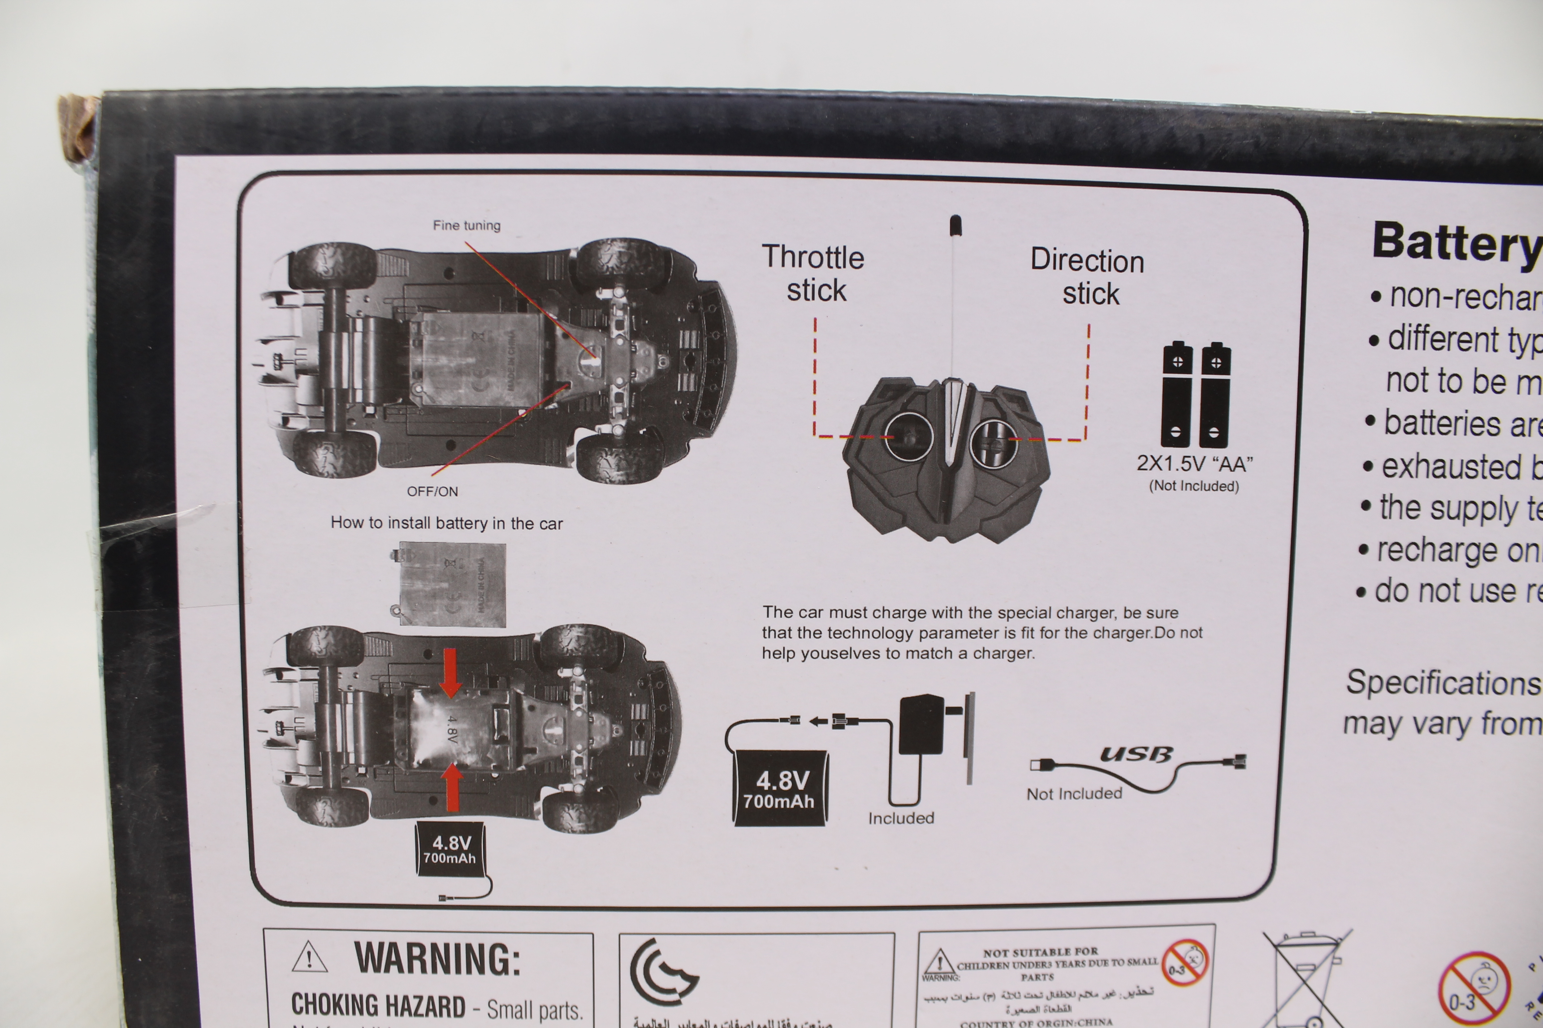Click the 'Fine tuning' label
(466, 226)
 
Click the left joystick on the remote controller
(909, 436)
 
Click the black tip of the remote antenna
(955, 225)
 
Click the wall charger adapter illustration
(922, 724)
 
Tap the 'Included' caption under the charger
(901, 818)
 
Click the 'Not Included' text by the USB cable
(1074, 794)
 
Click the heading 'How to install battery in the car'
(446, 523)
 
